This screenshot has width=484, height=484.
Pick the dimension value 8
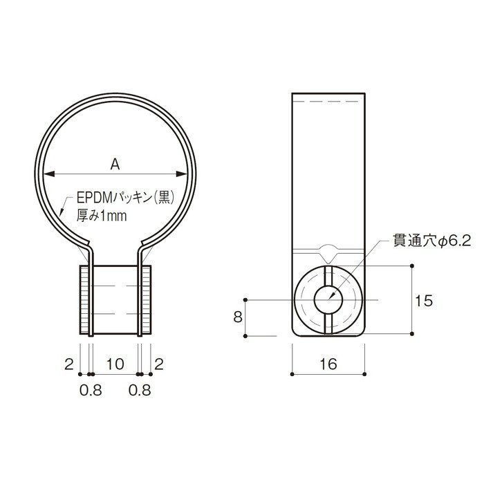click(x=237, y=317)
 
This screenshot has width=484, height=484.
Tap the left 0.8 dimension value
click(x=91, y=390)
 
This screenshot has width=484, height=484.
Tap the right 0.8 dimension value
click(x=141, y=390)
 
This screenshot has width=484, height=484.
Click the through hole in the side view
click(x=326, y=300)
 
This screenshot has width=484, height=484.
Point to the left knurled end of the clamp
click(x=84, y=300)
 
